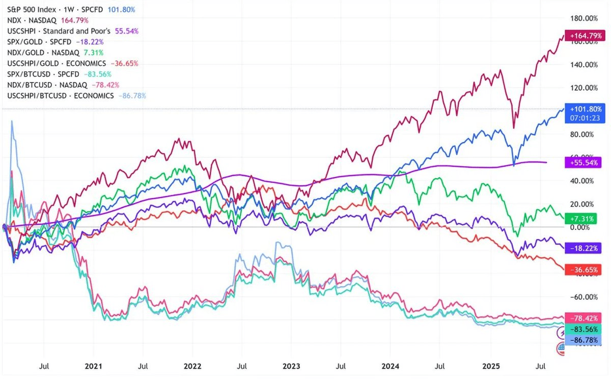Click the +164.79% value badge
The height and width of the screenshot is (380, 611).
585,36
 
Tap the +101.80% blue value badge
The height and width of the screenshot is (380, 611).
585,109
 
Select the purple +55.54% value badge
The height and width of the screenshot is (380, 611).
585,162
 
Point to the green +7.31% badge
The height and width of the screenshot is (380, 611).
585,218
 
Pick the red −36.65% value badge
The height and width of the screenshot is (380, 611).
585,269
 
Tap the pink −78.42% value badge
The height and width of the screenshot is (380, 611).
585,317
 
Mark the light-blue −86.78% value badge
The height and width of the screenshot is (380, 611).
585,338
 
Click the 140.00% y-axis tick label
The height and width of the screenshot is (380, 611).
583,65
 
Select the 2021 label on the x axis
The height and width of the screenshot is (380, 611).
93,366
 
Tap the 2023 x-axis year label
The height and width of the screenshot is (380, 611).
291,366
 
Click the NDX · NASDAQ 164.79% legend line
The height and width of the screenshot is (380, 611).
47,20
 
